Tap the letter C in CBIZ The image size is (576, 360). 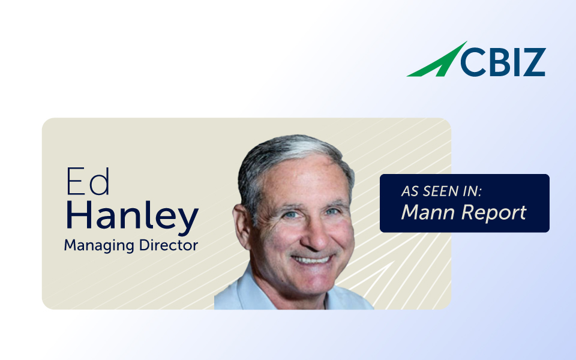point(473,62)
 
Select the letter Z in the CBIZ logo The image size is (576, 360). point(533,62)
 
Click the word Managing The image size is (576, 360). point(99,246)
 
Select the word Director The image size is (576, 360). point(169,245)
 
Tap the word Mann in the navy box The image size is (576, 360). point(428,212)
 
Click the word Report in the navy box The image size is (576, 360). point(494,213)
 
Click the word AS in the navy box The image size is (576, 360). point(410,191)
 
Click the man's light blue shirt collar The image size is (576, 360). point(242,290)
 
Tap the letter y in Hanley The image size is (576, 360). point(188,221)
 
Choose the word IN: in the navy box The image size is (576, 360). point(472,191)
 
